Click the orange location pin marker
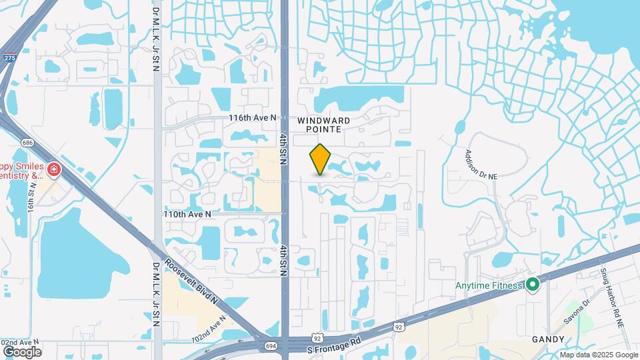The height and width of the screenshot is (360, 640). pyautogui.click(x=321, y=159)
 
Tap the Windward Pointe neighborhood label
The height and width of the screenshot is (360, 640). pyautogui.click(x=324, y=125)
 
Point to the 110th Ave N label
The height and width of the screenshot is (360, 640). pyautogui.click(x=187, y=215)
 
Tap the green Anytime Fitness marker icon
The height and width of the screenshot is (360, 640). pyautogui.click(x=532, y=285)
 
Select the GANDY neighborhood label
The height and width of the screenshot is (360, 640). pyautogui.click(x=548, y=339)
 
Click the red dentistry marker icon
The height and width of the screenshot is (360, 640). pyautogui.click(x=53, y=170)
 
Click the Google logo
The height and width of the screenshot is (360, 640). pyautogui.click(x=22, y=351)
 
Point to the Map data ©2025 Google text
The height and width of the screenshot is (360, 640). pyautogui.click(x=599, y=355)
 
